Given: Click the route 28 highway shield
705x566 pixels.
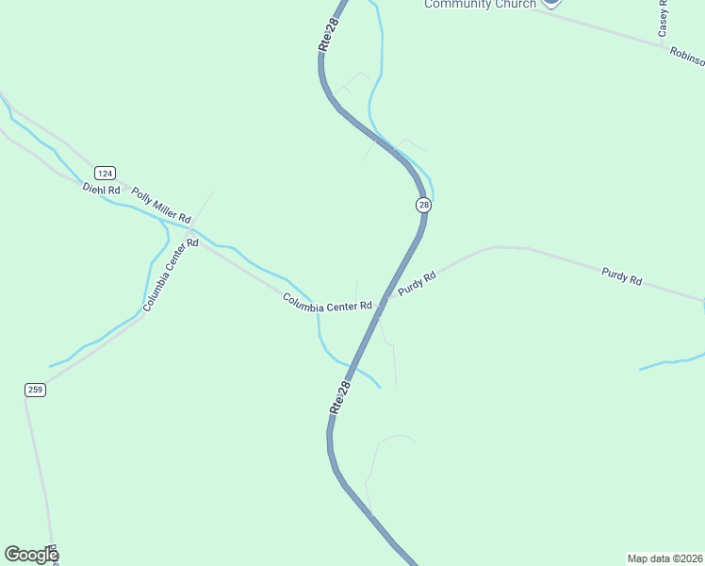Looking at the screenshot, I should (x=423, y=205).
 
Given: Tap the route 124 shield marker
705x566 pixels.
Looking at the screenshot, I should (x=105, y=173).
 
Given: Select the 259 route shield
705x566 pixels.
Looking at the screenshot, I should (x=35, y=390).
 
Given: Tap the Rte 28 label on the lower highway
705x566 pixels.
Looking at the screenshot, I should (x=340, y=397).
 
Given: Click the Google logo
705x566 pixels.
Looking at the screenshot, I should (x=31, y=555).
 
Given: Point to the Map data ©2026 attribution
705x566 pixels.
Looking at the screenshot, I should (x=664, y=558).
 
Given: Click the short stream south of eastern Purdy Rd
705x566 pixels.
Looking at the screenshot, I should (x=671, y=361).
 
